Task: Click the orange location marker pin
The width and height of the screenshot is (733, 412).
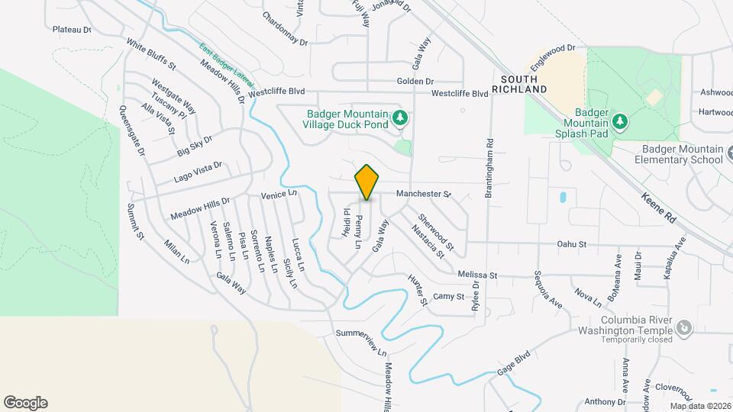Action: pyautogui.click(x=366, y=182)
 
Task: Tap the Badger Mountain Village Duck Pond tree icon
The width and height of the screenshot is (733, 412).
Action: pyautogui.click(x=399, y=118)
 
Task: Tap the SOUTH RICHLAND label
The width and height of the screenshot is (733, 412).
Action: pyautogui.click(x=525, y=84)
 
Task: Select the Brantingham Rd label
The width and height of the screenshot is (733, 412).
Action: pyautogui.click(x=489, y=168)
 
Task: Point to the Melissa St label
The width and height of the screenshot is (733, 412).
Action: pyautogui.click(x=478, y=275)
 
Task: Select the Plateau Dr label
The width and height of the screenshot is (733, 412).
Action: pyautogui.click(x=72, y=30)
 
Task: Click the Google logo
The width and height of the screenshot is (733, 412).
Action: pyautogui.click(x=25, y=403)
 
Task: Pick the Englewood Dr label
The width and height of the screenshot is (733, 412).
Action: pyautogui.click(x=555, y=48)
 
